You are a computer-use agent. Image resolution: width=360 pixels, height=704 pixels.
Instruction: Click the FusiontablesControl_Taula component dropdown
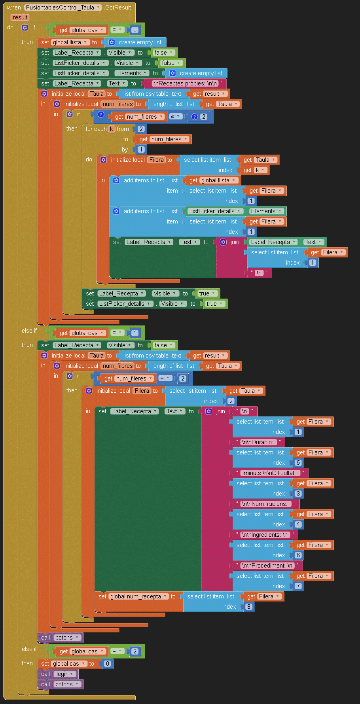pyautogui.click(x=63, y=8)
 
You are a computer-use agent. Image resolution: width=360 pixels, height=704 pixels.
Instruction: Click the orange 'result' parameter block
pyautogui.click(x=20, y=17)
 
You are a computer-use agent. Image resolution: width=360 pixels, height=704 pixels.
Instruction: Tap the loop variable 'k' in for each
pyautogui.click(x=112, y=129)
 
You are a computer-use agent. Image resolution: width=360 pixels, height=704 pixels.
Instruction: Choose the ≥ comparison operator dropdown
pyautogui.click(x=175, y=116)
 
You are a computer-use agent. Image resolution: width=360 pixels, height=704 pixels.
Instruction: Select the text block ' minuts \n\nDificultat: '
pyautogui.click(x=270, y=473)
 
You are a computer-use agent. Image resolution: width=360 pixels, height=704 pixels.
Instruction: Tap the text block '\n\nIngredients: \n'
pyautogui.click(x=265, y=535)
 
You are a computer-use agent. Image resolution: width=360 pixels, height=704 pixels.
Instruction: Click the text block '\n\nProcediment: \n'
pyautogui.click(x=267, y=566)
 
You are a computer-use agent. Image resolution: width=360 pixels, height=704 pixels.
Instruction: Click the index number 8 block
pyautogui.click(x=248, y=607)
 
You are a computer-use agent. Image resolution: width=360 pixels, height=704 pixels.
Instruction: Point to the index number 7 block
pyautogui.click(x=298, y=586)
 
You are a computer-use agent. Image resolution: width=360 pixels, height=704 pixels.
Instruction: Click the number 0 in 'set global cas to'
pyautogui.click(x=107, y=664)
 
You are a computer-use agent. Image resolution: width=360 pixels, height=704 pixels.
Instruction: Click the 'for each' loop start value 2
pyautogui.click(x=141, y=129)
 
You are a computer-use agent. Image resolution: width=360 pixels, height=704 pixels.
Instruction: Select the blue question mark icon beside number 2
pyautogui.click(x=194, y=117)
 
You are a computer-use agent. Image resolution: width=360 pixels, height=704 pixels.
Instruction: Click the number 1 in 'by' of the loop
pyautogui.click(x=141, y=150)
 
